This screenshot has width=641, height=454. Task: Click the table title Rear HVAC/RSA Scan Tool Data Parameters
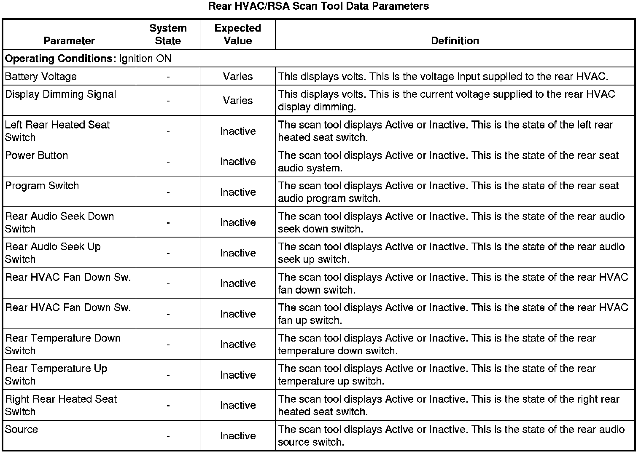(319, 6)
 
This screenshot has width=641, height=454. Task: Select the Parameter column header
(69, 41)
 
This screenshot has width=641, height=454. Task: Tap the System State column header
(168, 35)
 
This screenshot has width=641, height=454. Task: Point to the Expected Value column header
(237, 35)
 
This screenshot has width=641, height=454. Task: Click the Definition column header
(455, 41)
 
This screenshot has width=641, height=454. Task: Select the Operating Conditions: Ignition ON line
(88, 59)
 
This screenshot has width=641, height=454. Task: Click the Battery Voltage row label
(41, 77)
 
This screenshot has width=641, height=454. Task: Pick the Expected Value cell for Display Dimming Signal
(237, 101)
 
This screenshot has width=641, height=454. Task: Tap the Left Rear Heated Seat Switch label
(57, 131)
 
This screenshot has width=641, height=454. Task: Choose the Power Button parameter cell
(37, 155)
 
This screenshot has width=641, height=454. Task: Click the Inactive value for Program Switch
(237, 192)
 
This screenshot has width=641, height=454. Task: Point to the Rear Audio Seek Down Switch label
(59, 222)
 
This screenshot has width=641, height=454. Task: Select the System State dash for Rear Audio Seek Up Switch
(168, 253)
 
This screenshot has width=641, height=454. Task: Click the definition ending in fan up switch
(453, 314)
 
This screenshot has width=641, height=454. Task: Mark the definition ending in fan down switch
(453, 283)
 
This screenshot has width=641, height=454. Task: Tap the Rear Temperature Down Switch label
(62, 344)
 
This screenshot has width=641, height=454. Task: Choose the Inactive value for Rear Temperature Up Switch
(237, 375)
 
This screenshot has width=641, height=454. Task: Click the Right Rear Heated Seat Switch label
(61, 405)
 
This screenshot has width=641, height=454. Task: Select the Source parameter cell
(22, 430)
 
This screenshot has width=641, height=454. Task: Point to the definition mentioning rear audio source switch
(451, 435)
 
